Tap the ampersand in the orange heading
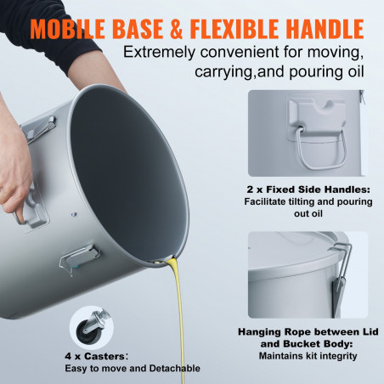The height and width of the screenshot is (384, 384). pyautogui.click(x=177, y=29)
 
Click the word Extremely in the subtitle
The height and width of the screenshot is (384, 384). pyautogui.click(x=160, y=53)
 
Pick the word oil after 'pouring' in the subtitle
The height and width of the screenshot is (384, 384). pyautogui.click(x=356, y=71)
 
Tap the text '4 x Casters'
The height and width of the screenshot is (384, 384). pyautogui.click(x=94, y=356)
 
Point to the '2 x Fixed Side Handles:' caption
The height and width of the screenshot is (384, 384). pyautogui.click(x=308, y=189)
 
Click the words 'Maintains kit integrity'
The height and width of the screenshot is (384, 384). pyautogui.click(x=308, y=356)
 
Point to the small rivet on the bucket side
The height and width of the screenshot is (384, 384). pyautogui.click(x=74, y=214)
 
